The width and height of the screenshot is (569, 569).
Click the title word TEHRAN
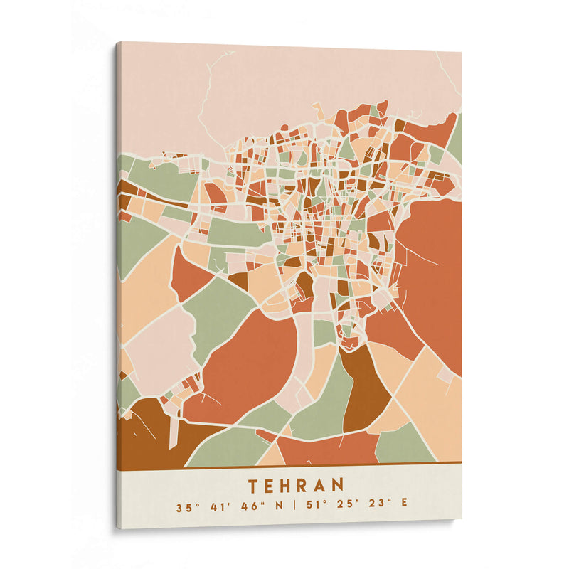[x=296, y=486]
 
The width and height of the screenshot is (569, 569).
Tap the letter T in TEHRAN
[x=254, y=486]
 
